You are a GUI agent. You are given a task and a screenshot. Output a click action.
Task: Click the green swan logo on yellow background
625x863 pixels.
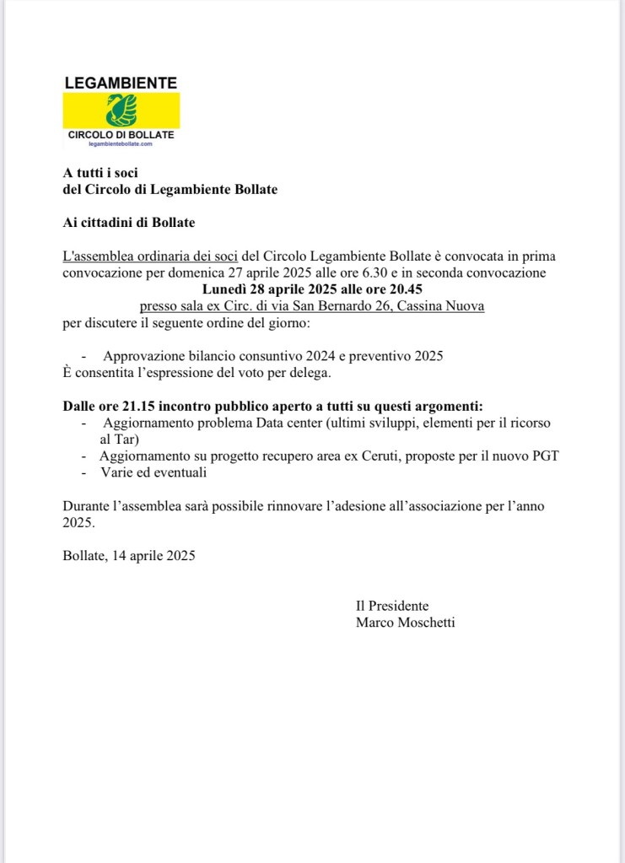[121, 111]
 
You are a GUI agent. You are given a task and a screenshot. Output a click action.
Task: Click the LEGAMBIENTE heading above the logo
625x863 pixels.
[121, 83]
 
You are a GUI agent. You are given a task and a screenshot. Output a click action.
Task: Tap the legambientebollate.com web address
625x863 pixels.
[121, 144]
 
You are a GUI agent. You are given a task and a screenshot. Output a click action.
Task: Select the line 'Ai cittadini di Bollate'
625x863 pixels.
[129, 223]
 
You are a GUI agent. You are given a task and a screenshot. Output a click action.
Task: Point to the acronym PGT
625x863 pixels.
[543, 456]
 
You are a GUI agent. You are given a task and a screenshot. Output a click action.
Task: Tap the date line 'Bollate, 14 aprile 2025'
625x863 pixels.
[129, 555]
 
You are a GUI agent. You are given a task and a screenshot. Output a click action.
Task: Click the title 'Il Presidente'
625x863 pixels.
[392, 606]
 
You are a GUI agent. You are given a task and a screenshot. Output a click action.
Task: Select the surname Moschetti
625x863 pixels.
[425, 623]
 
